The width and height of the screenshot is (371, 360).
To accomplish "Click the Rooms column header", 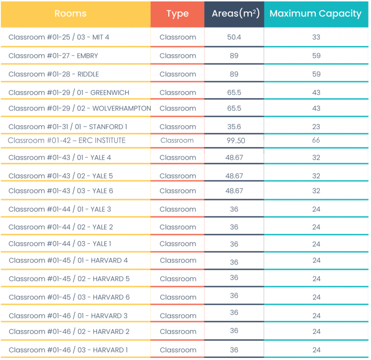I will coord(70,14).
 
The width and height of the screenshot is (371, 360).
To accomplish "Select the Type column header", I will coord(177,14).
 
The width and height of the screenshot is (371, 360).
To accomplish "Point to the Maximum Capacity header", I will coord(316,14).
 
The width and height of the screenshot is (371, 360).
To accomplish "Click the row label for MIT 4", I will coord(59,37).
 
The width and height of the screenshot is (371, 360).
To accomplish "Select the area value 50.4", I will coord(234,37).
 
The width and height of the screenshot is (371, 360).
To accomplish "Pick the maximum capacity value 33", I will coord(316,37).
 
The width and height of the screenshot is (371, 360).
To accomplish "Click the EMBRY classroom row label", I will coord(53,56).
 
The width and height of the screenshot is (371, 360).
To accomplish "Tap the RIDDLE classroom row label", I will coord(54,74).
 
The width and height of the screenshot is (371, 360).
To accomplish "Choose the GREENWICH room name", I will coord(69,93).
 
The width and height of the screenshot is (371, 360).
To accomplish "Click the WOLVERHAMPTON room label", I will coord(80,108).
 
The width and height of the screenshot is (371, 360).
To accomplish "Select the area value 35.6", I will coord(234,127).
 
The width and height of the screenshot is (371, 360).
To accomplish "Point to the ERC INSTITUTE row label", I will coord(67,140).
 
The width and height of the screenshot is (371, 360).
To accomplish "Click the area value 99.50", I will coord(236,141).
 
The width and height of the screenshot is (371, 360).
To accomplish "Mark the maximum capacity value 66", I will coord(316,140).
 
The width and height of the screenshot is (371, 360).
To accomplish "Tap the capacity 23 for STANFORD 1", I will coord(316,127).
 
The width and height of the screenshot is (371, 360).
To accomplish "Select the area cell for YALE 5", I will coord(234,176).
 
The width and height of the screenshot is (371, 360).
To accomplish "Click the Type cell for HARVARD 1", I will coord(178,350).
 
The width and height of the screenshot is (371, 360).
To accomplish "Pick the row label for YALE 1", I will coord(60,244).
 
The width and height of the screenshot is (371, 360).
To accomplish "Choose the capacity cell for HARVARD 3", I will coord(316,316).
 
